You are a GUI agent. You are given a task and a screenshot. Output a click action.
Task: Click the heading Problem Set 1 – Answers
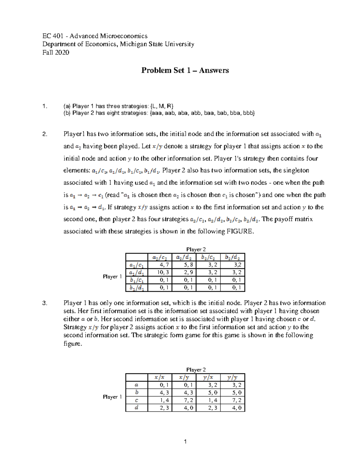(x=185, y=70)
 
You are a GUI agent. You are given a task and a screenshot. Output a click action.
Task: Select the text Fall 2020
(x=56, y=53)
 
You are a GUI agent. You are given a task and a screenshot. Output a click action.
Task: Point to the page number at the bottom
(x=185, y=441)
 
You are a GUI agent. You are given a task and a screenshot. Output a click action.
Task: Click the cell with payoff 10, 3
(x=160, y=272)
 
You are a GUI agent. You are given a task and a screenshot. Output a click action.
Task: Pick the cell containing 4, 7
(x=160, y=265)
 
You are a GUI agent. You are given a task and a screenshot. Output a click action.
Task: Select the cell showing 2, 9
(x=184, y=272)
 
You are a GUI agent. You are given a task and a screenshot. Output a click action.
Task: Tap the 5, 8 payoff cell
(x=184, y=265)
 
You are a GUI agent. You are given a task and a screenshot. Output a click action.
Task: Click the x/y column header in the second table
(x=184, y=377)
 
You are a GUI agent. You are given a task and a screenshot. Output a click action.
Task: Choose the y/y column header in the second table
(x=232, y=377)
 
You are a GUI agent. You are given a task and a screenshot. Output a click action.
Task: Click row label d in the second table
(x=137, y=408)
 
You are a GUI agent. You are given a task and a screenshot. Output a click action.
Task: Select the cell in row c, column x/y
(x=184, y=400)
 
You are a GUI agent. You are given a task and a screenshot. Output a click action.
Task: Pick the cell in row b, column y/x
(x=208, y=392)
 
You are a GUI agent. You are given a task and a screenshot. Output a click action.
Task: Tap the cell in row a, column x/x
(x=160, y=385)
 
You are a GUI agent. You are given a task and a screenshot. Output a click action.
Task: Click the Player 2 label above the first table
(x=196, y=249)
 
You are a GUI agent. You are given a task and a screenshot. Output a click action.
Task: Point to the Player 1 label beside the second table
(x=112, y=397)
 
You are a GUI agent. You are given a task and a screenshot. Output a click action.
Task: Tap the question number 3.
(x=45, y=303)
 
